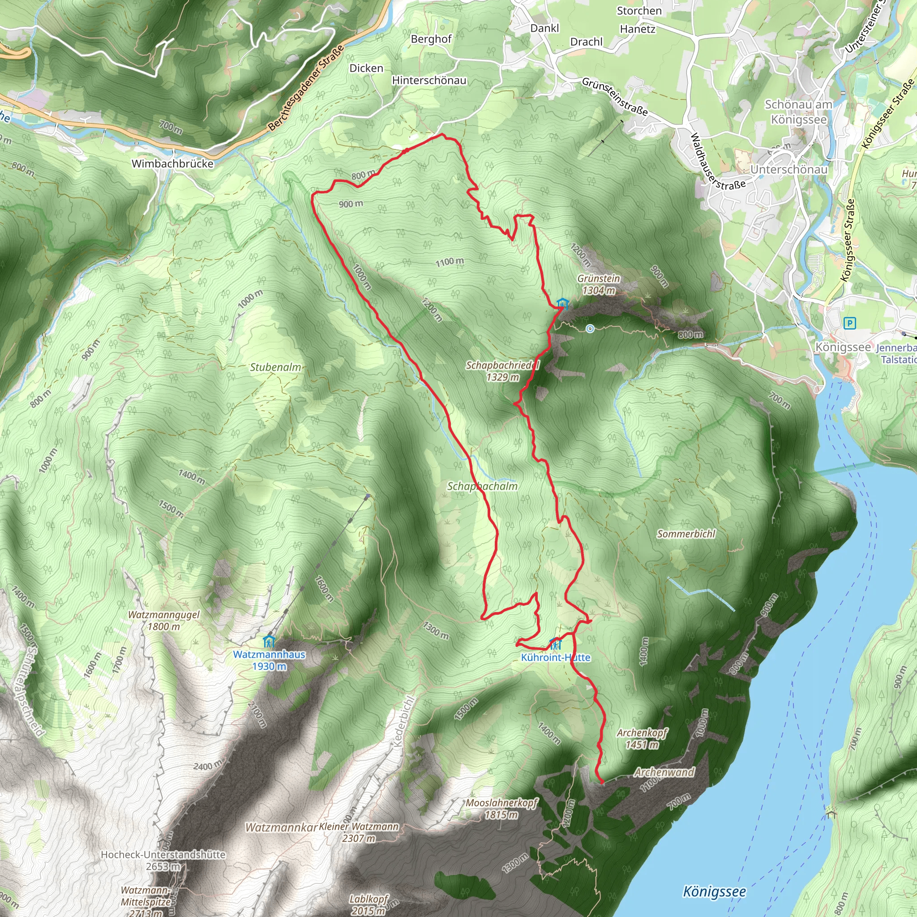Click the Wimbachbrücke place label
click(172, 164)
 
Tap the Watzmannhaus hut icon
click(269, 642)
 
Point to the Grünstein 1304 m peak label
click(599, 284)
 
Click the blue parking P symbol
click(849, 324)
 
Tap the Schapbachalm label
click(482, 486)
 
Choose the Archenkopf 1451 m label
click(642, 738)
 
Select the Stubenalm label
click(275, 367)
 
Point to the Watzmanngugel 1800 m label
click(164, 620)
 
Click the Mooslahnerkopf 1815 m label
click(501, 808)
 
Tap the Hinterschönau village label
click(429, 81)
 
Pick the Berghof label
click(431, 39)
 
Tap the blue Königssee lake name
click(714, 892)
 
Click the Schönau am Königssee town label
click(798, 112)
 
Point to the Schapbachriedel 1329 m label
click(502, 371)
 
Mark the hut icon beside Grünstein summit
click(562, 303)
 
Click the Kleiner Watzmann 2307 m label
click(359, 832)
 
